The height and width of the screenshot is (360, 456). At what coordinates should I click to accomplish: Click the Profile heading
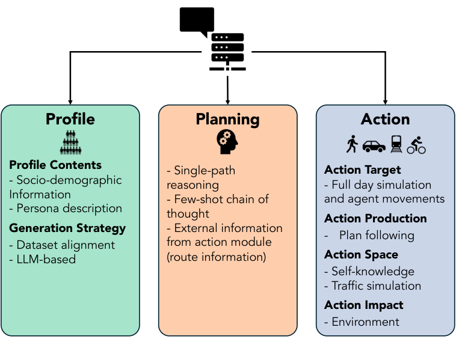[x=70, y=119]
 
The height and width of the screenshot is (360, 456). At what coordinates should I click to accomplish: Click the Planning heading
[x=227, y=119]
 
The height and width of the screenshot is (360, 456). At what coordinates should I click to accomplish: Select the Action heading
[x=385, y=119]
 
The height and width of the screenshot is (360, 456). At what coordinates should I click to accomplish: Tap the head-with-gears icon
[x=227, y=142]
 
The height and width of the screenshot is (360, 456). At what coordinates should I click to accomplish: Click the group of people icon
[x=70, y=142]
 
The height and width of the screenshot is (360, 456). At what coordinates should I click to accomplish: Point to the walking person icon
[x=351, y=144]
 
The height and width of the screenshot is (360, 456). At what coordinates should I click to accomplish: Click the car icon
[x=374, y=145]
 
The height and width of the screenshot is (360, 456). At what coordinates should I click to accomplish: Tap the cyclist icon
[x=416, y=144]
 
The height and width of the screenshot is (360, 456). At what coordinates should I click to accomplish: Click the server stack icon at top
[x=227, y=51]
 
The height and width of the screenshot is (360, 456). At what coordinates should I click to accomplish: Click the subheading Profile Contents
[x=55, y=165]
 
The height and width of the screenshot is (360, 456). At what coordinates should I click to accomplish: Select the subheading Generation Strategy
[x=67, y=228]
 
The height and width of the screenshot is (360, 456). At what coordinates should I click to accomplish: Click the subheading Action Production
[x=375, y=218]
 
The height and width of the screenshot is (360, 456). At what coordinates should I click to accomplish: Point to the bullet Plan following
[x=376, y=235]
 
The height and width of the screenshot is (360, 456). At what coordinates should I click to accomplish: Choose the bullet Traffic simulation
[x=372, y=285]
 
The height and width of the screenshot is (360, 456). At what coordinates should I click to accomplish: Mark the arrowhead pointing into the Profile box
[x=70, y=101]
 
